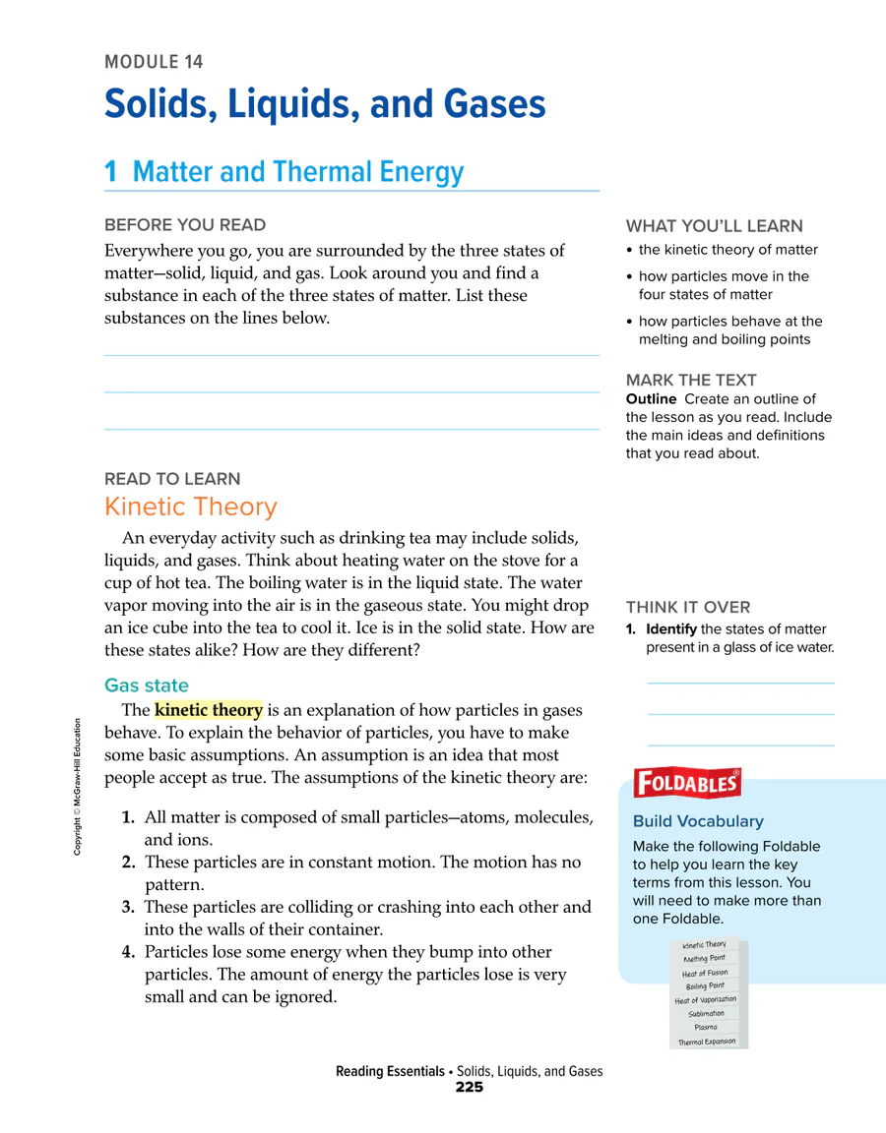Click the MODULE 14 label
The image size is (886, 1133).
[154, 62]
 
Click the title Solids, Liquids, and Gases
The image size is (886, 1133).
[325, 104]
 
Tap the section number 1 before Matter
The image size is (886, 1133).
[111, 172]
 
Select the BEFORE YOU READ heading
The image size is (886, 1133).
[185, 225]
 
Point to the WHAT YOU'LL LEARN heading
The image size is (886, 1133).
[714, 225]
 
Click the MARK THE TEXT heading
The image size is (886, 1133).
[691, 380]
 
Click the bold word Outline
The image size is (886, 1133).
[651, 398]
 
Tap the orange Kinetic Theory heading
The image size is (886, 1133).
[191, 507]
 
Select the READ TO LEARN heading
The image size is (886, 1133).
[172, 479]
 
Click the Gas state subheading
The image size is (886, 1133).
[147, 686]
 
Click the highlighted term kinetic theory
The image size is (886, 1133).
[209, 710]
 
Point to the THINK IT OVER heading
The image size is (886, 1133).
[688, 607]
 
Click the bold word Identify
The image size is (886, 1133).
[671, 629]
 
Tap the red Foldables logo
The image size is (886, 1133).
[687, 783]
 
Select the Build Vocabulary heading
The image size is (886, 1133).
[698, 821]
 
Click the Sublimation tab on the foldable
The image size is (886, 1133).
[706, 1013]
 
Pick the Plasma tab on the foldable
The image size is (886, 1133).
[706, 1027]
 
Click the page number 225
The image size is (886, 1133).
[470, 1088]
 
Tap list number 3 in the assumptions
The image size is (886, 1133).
[129, 907]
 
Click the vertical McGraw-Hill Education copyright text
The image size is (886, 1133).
[78, 788]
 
